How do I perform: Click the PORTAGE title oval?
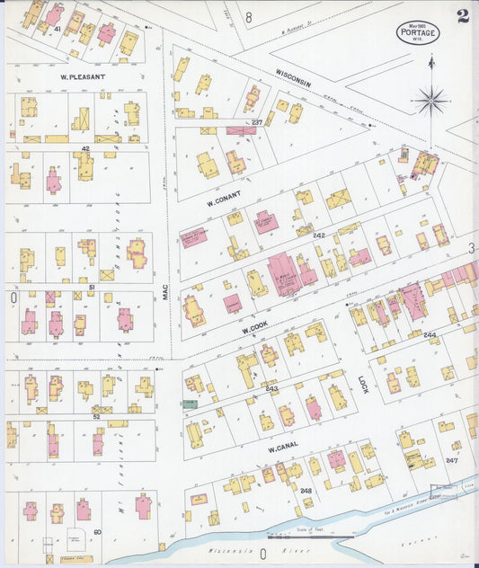418,34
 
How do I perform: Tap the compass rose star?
431,101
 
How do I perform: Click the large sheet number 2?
462,16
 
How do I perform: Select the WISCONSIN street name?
293,77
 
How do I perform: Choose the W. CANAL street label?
281,446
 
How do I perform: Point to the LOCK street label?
363,386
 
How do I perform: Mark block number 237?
256,122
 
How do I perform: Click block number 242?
318,235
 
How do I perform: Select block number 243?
271,389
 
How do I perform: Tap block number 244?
430,335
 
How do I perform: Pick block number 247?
451,460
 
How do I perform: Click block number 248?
306,491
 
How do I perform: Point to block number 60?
97,533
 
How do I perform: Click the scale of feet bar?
320,537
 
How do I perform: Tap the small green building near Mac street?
190,404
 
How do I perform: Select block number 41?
57,30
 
